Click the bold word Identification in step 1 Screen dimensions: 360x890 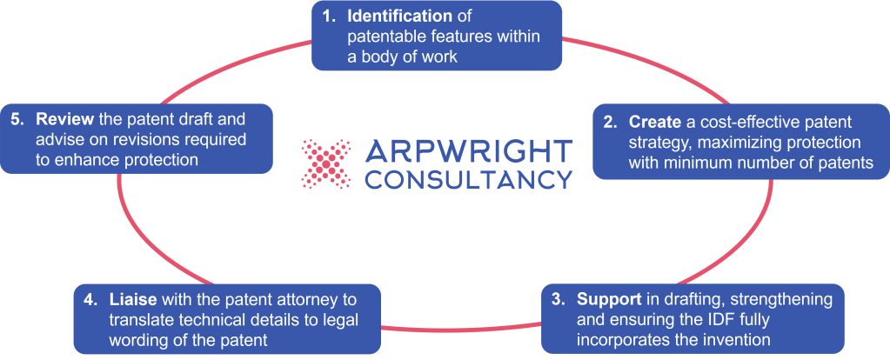pos(398,17)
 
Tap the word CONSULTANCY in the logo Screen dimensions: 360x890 pos(470,179)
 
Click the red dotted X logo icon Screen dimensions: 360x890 pos(326,164)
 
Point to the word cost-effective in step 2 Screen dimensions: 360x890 pos(755,123)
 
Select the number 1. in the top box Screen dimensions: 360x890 pos(329,17)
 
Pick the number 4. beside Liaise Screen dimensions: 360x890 pos(90,300)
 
